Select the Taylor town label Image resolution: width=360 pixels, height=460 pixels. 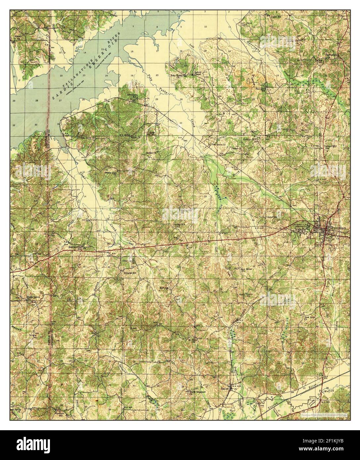[225, 389]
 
